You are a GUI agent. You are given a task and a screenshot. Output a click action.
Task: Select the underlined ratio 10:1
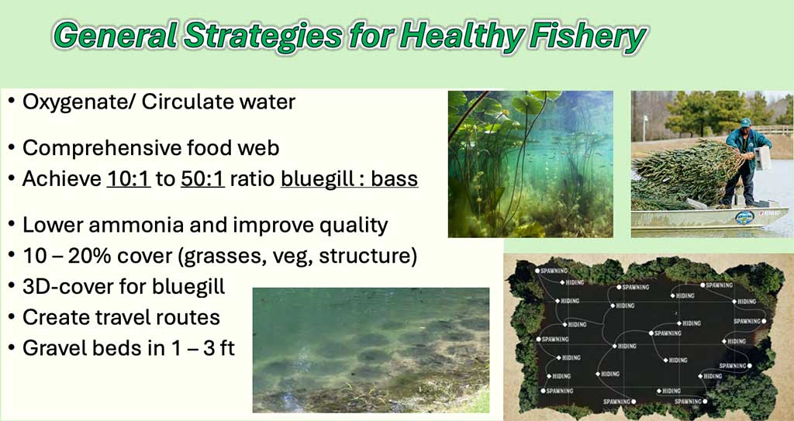(129, 179)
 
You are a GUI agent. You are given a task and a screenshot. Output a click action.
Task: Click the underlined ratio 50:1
(202, 179)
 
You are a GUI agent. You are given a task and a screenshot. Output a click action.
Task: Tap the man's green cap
(745, 123)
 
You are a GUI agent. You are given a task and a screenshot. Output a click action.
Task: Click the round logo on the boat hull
(744, 217)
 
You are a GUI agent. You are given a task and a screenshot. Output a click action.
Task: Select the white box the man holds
(763, 157)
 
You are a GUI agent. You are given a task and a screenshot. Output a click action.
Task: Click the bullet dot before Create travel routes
(11, 318)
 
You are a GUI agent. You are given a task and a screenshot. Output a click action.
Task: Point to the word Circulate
(181, 102)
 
